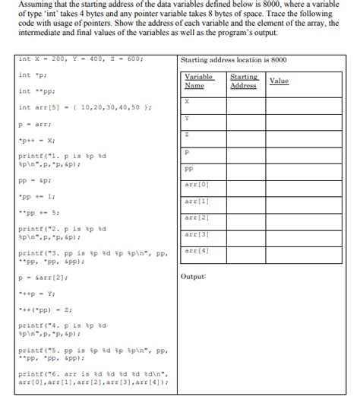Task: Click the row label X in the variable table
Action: coord(187,101)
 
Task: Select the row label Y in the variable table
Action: coord(187,118)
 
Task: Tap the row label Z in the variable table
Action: coord(187,135)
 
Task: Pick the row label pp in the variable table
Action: coord(188,170)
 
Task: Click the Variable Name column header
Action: coord(200,81)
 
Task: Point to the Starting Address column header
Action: coord(244,81)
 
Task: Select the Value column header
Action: coord(279,81)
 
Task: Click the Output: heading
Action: coord(194,276)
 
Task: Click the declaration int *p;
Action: coord(30,76)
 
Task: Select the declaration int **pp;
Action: coord(33,92)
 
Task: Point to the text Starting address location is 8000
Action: coord(234,60)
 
